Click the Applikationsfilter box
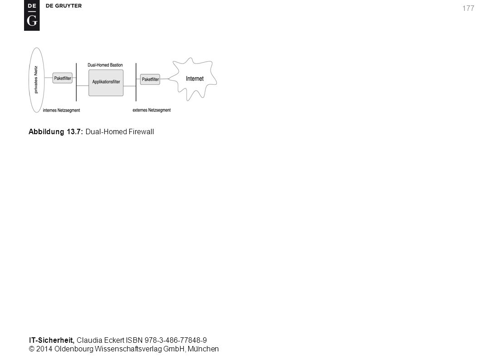[x=106, y=83]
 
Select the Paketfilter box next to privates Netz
[x=63, y=78]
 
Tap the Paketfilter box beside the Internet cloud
[x=150, y=79]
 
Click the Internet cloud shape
[x=193, y=79]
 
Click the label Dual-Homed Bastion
[x=105, y=65]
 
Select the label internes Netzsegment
[x=61, y=110]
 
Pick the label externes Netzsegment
[x=152, y=110]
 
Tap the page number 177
[x=468, y=8]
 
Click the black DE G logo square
[x=32, y=15]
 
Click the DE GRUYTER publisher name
[x=64, y=6]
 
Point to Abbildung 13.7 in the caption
[x=56, y=132]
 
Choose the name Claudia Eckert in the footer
[x=100, y=340]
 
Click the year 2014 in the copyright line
[x=44, y=349]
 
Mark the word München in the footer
[x=203, y=349]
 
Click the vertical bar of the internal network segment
[x=76, y=82]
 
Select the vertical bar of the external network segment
[x=136, y=82]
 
